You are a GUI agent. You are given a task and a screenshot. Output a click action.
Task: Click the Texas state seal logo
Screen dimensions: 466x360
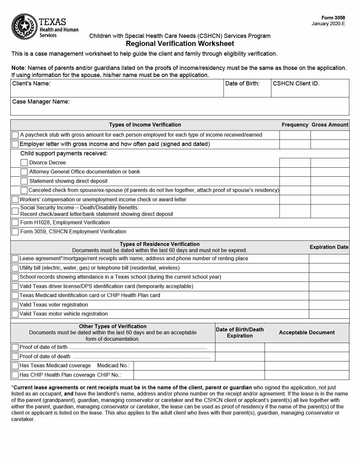click(25, 26)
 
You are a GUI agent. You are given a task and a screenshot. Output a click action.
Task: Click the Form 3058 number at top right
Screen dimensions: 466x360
click(333, 18)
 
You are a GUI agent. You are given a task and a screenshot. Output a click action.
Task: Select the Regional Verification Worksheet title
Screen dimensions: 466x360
click(180, 44)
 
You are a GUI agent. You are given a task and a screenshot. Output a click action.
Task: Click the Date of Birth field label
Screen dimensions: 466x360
click(242, 83)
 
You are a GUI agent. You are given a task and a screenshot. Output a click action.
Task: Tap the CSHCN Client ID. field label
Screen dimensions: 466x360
click(296, 83)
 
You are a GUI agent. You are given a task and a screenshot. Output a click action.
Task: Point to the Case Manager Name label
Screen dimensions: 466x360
click(41, 102)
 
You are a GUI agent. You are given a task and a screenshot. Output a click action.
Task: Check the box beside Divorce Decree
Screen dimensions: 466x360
click(24, 163)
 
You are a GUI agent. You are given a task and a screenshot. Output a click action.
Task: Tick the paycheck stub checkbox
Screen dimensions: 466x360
click(15, 135)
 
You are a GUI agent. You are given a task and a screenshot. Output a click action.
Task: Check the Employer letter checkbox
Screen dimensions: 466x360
click(15, 144)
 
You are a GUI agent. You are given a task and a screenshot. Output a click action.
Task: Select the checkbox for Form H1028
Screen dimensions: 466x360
click(15, 223)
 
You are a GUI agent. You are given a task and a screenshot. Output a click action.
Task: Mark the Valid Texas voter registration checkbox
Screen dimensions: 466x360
click(15, 305)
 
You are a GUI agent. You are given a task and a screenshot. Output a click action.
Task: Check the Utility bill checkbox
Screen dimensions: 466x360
click(15, 268)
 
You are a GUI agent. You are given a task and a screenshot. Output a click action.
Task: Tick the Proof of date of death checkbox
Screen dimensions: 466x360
click(15, 357)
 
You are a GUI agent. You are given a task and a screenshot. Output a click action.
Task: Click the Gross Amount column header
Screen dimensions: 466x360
click(330, 125)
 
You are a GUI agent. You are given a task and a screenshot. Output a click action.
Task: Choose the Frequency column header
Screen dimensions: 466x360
click(295, 125)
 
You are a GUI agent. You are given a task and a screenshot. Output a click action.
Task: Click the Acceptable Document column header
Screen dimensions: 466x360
click(307, 333)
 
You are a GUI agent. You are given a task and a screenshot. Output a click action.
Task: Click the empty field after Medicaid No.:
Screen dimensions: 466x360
click(199, 366)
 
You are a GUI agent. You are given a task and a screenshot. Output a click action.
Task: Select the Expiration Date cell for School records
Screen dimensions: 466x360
click(329, 277)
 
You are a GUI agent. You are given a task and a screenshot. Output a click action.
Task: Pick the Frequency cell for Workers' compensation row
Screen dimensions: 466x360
click(295, 200)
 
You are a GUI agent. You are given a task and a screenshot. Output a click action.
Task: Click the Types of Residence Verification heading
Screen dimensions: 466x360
click(159, 244)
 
